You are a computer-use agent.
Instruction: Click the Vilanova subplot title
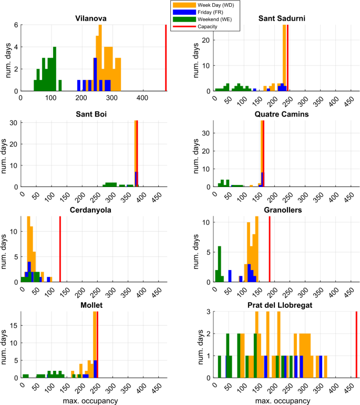click(91, 18)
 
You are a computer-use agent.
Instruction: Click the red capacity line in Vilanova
click(166, 58)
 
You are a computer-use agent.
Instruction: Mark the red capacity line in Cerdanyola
click(60, 248)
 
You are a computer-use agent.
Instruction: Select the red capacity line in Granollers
click(269, 248)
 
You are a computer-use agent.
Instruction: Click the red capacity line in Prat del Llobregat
click(356, 344)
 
